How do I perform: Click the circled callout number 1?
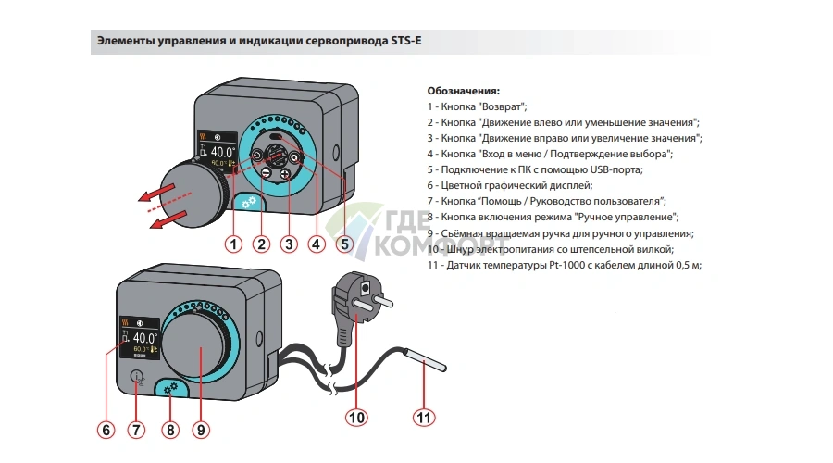point(234,244)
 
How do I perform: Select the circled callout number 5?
point(344,244)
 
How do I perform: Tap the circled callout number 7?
point(137,430)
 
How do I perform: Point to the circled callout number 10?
point(357,418)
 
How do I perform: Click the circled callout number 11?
point(423,418)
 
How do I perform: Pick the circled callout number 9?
point(200,430)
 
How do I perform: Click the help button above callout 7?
point(137,377)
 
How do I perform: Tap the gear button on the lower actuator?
point(169,390)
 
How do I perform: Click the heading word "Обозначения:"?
point(463,92)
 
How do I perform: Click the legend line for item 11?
point(565,265)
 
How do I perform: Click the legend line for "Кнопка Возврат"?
point(477,107)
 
